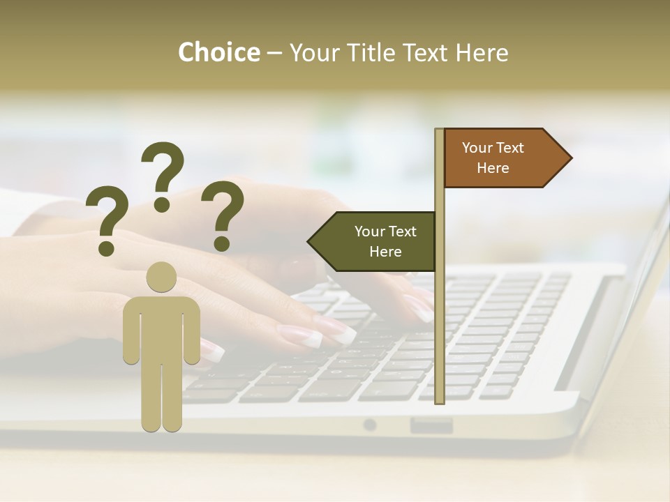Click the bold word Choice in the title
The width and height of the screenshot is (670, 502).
[x=218, y=52]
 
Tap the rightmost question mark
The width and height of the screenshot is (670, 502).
[x=223, y=215]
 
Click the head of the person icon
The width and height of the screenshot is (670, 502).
[x=161, y=276]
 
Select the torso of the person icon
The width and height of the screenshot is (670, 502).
[x=161, y=328]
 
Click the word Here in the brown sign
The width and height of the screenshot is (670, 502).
[x=493, y=168]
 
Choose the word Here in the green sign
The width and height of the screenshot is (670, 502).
[x=385, y=252]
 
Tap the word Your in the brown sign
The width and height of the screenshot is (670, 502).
[x=477, y=148]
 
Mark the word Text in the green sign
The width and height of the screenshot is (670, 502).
[x=401, y=231]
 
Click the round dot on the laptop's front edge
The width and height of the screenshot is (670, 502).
[x=369, y=425]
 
